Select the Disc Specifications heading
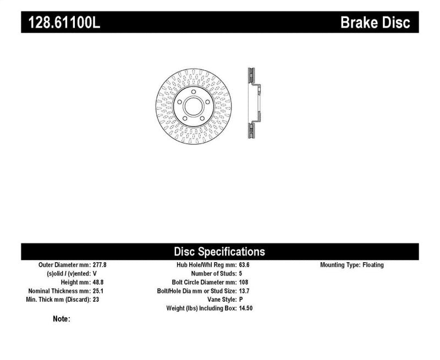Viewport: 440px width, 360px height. click(219, 252)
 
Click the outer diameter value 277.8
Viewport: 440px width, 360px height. click(100, 265)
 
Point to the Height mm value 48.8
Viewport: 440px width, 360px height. click(97, 283)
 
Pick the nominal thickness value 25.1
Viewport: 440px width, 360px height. click(97, 291)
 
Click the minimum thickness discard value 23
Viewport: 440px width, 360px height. click(96, 300)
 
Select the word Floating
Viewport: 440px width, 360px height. click(373, 265)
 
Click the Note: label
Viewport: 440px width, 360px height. click(62, 319)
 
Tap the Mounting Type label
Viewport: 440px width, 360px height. click(339, 265)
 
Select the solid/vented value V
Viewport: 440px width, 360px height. click(95, 274)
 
